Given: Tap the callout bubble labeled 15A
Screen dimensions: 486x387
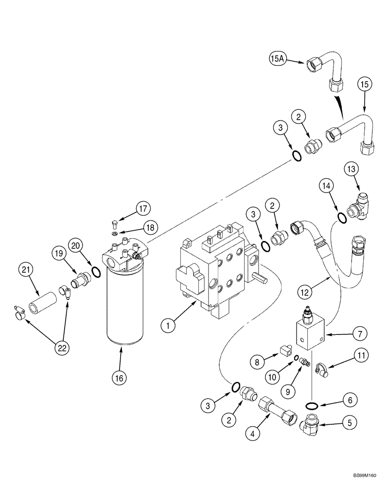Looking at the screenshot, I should (278, 59).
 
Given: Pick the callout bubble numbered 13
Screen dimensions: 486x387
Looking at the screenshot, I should (352, 170).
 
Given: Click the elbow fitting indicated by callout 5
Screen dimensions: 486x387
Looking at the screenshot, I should (310, 424).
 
